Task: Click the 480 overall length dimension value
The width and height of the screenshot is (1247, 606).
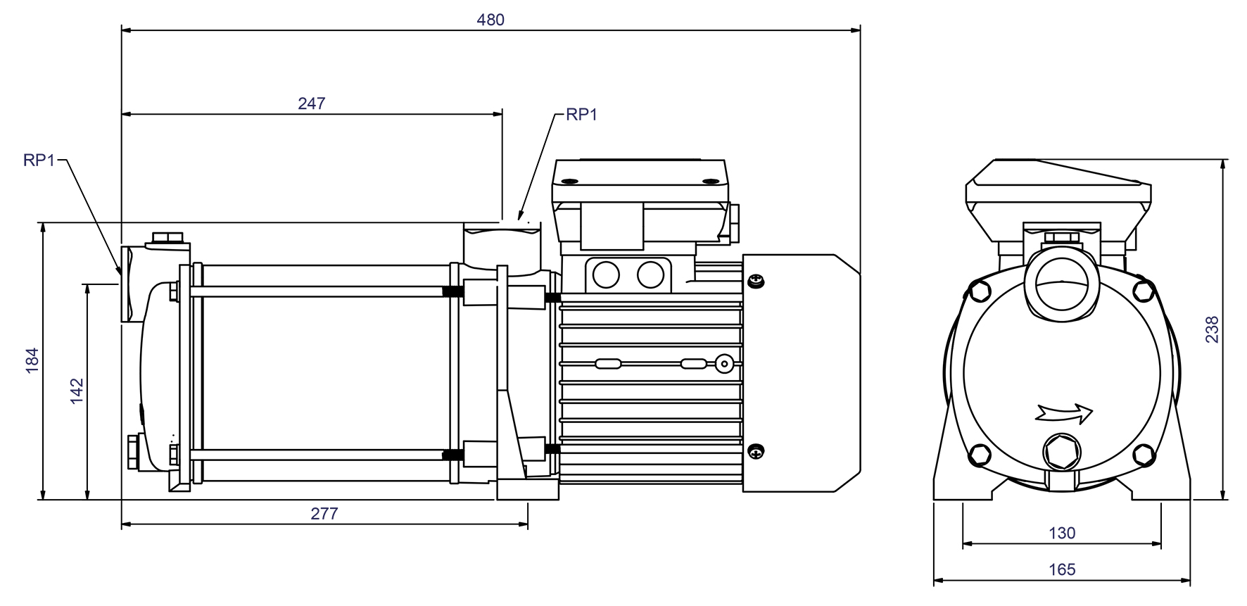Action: [490, 20]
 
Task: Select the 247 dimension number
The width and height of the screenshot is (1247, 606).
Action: [312, 103]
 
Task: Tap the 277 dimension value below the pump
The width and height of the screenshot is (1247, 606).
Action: [324, 514]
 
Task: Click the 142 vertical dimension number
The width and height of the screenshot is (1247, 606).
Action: [77, 391]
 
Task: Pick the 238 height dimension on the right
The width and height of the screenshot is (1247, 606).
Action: [1212, 329]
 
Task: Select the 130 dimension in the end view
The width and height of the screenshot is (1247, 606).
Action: [1062, 533]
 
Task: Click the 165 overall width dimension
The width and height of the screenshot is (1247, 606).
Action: [1062, 569]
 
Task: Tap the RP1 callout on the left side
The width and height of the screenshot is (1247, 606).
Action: [39, 160]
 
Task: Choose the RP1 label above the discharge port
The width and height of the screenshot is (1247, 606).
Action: [581, 115]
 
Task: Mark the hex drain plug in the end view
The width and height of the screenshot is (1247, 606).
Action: [1061, 453]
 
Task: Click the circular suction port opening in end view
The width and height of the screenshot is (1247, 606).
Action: [1061, 288]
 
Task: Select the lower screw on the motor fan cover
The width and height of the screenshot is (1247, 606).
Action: [755, 451]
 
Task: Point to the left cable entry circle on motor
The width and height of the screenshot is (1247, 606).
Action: [605, 274]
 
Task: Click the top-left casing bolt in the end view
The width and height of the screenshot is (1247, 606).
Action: [978, 289]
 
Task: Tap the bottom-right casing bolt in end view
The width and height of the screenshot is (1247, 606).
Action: [1146, 454]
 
